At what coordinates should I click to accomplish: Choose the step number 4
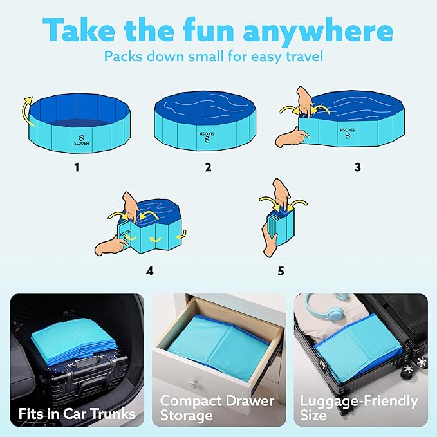point(149,270)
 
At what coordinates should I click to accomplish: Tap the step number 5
point(280,270)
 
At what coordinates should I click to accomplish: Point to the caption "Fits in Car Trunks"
point(77,413)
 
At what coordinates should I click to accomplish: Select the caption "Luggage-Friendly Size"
point(358,408)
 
